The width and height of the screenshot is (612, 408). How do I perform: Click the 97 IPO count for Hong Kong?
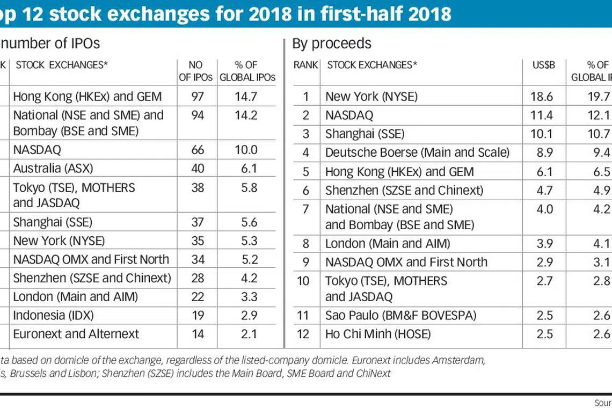198,97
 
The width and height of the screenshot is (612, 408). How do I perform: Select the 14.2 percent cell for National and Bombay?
246,115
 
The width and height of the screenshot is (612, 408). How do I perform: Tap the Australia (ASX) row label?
53,168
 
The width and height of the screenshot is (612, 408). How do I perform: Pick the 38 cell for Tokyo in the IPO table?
198,188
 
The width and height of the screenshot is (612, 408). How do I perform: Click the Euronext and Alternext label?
76,334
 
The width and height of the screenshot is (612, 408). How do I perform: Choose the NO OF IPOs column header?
196,71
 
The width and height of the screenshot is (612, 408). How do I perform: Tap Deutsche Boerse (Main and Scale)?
417,152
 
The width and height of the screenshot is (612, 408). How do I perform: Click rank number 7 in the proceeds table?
306,209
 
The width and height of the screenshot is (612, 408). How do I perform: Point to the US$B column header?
544,65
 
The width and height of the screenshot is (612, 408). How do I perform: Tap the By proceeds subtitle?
332,43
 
